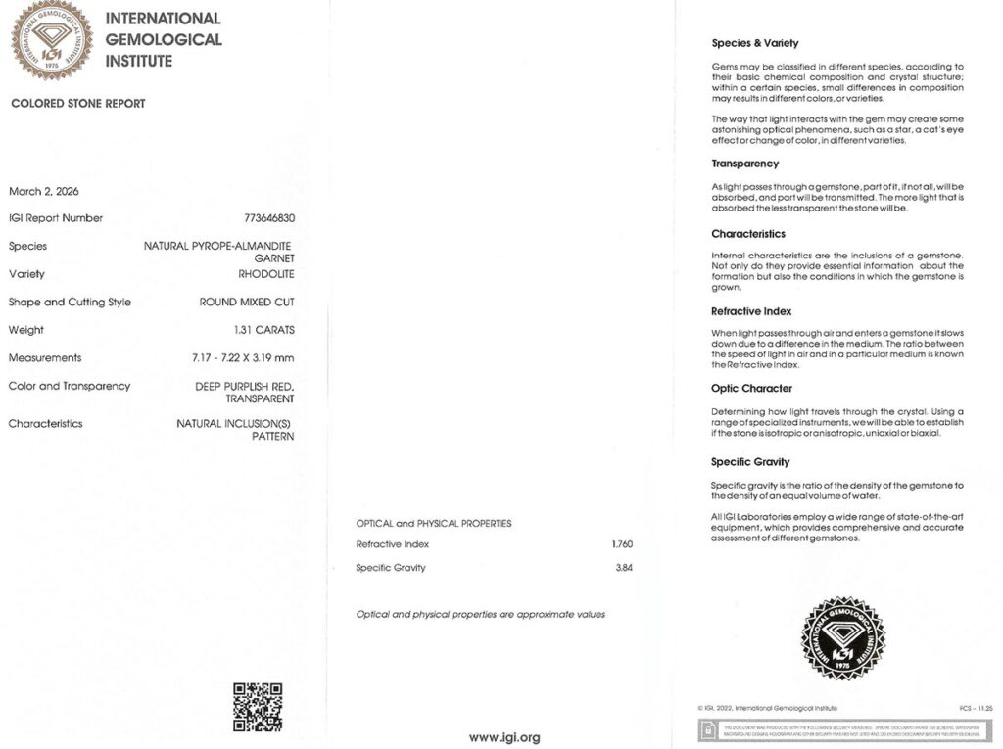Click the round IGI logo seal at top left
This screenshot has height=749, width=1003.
[52, 40]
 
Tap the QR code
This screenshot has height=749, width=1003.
[258, 707]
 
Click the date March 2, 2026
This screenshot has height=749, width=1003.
[45, 190]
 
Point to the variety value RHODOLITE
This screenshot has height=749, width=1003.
[266, 274]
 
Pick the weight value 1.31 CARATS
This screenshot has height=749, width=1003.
[264, 330]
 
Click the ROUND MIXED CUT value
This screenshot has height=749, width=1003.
[247, 302]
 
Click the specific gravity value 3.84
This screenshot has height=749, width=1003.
[623, 568]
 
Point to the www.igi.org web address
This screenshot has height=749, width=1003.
[504, 737]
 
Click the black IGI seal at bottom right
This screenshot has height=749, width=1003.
[843, 638]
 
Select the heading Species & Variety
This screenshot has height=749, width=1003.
[754, 43]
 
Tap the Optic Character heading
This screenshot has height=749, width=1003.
[751, 389]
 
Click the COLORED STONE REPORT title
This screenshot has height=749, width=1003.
[78, 104]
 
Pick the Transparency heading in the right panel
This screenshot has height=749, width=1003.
[745, 164]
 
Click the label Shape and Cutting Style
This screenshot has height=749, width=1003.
[70, 302]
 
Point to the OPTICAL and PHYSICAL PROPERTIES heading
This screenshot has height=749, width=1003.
[434, 524]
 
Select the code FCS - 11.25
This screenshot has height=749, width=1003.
[977, 708]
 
